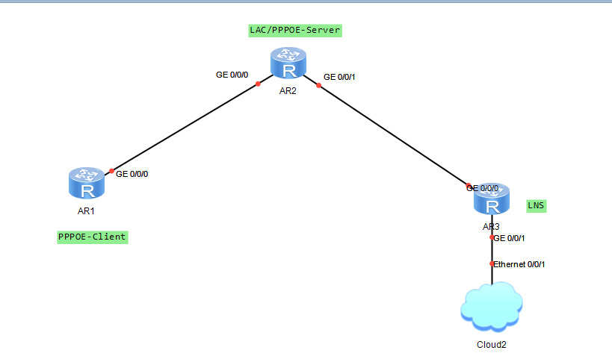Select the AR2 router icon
pos(288,63)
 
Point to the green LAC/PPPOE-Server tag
pos(295,31)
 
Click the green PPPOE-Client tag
pos(92,237)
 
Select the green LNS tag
pos(536,205)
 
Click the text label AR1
pos(87,211)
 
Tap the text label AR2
pos(288,91)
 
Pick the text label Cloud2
pos(491,345)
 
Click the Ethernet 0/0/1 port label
pos(519,264)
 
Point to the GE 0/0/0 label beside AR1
pos(132,173)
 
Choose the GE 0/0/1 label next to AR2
pos(340,77)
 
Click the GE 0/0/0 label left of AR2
pos(232,75)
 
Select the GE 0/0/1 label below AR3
pos(510,238)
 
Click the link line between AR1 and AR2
pos(184,127)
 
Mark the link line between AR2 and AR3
pos(392,134)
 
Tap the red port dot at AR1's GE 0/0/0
pos(111,171)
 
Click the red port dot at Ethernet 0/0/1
pos(492,264)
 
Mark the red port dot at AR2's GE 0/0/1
pos(318,85)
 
